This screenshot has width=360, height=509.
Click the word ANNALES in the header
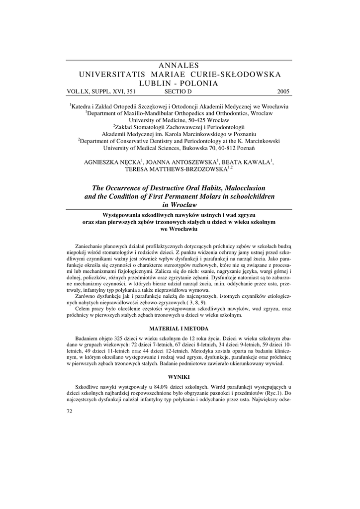(x=179, y=66)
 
